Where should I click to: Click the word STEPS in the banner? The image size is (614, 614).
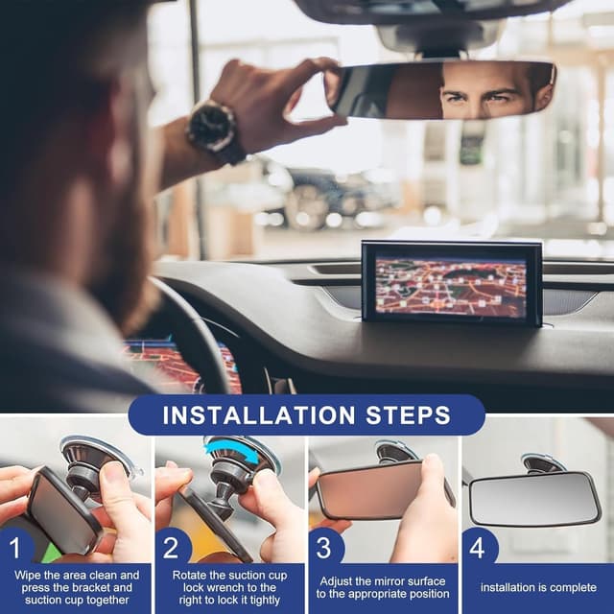[415, 415]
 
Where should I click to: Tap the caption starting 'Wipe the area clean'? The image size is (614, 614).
[77, 587]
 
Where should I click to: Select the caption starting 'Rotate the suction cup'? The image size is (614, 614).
[230, 587]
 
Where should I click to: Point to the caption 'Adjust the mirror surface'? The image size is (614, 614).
[383, 587]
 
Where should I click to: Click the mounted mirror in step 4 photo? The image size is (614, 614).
[534, 498]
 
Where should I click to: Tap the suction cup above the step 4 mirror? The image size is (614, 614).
[543, 463]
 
